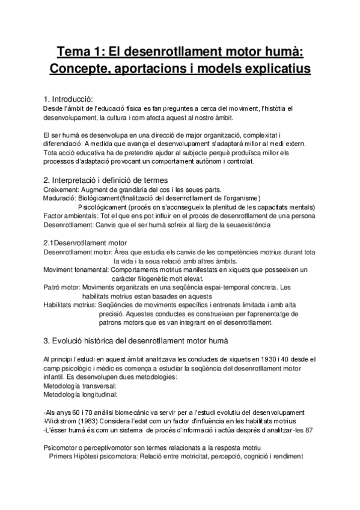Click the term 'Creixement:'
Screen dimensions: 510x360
pyautogui.click(x=64, y=189)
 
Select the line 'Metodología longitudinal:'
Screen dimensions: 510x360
pyautogui.click(x=81, y=395)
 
